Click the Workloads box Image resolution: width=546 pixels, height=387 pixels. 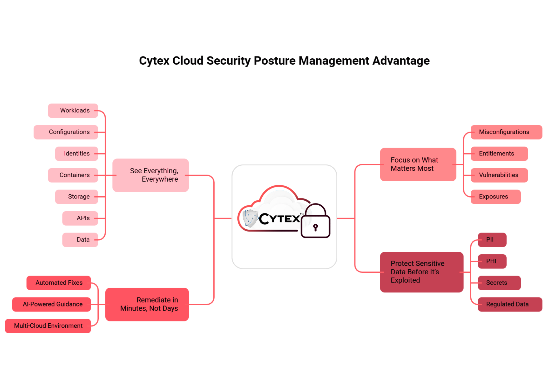point(73,110)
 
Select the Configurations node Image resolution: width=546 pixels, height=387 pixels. point(66,132)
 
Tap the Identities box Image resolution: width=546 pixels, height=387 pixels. point(77,154)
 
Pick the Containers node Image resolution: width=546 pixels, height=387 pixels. point(73,175)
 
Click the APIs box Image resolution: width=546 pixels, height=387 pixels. point(80,218)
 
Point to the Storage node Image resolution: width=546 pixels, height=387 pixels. point(77,197)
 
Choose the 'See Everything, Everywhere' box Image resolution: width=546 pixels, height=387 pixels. point(151,175)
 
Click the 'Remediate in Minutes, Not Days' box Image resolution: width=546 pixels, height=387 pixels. point(147,304)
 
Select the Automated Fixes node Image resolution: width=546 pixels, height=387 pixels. point(59,283)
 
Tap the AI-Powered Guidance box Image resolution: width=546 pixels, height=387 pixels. point(52,304)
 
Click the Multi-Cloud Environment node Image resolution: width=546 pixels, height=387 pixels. point(48,326)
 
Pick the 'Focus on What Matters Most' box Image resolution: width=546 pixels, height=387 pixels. point(418,164)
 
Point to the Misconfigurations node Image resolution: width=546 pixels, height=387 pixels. point(506,132)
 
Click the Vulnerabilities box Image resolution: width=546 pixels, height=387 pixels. point(499,175)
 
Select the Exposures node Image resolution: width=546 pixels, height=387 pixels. point(496,197)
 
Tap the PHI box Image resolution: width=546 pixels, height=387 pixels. point(492,261)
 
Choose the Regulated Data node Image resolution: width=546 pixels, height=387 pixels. point(510,304)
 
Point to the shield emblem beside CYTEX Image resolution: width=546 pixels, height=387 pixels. point(250,218)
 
